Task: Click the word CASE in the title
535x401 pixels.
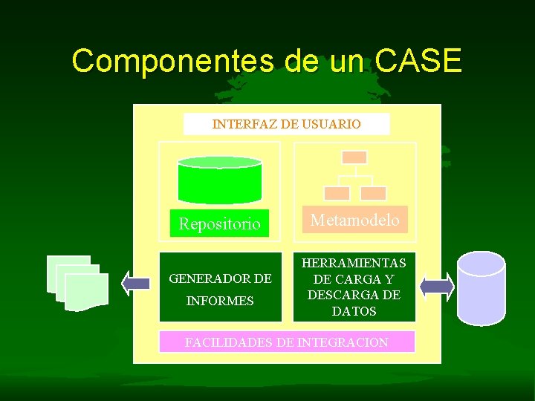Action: [x=419, y=61]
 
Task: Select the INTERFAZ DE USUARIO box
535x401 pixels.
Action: [x=286, y=124]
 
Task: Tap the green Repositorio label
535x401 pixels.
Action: [x=219, y=223]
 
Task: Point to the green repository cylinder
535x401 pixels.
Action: [x=219, y=180]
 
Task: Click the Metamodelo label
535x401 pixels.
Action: [x=354, y=220]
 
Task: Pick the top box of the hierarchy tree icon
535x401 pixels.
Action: [x=354, y=157]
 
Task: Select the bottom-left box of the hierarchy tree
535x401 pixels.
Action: [x=337, y=193]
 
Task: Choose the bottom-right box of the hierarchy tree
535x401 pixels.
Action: [x=373, y=193]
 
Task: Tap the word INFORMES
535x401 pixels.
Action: [x=220, y=301]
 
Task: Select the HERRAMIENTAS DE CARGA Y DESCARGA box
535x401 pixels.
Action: [x=354, y=287]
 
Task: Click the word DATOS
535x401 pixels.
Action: [x=354, y=311]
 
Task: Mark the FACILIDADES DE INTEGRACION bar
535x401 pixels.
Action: [x=287, y=342]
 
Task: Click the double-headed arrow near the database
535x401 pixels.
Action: [x=437, y=286]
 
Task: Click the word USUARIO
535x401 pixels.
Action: [x=331, y=124]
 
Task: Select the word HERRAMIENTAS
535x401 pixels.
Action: [x=354, y=263]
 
